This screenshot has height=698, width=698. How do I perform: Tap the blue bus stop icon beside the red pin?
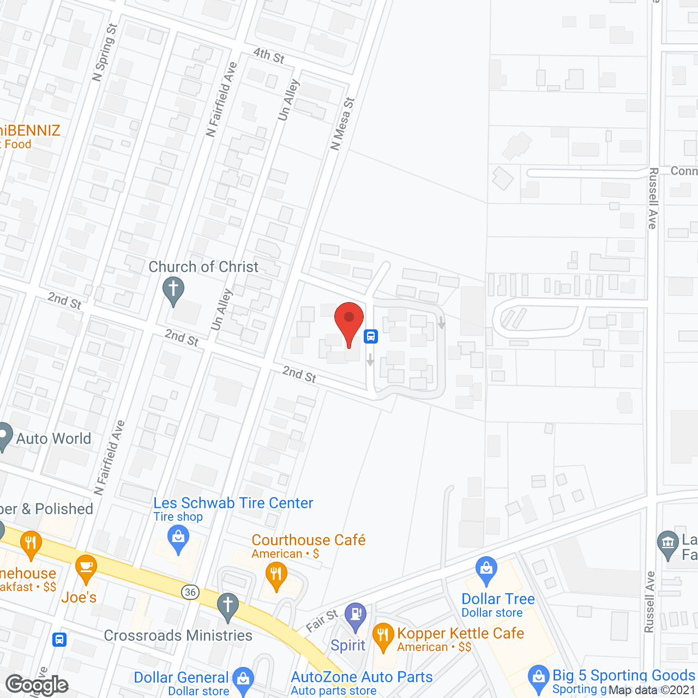click(371, 336)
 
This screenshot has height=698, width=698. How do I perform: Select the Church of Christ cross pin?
click(173, 290)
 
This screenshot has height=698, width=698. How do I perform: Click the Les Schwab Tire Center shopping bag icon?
click(178, 538)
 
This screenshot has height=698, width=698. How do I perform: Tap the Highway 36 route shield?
click(190, 592)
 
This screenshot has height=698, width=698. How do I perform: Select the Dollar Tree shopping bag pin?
click(486, 569)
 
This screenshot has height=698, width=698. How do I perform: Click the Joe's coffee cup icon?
click(86, 568)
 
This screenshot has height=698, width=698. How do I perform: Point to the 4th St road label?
click(269, 55)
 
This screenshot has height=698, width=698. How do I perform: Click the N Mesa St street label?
click(342, 124)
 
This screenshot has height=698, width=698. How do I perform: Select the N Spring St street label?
click(105, 52)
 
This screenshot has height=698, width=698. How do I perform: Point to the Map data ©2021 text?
click(652, 690)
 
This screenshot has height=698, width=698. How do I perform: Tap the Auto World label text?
click(53, 438)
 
